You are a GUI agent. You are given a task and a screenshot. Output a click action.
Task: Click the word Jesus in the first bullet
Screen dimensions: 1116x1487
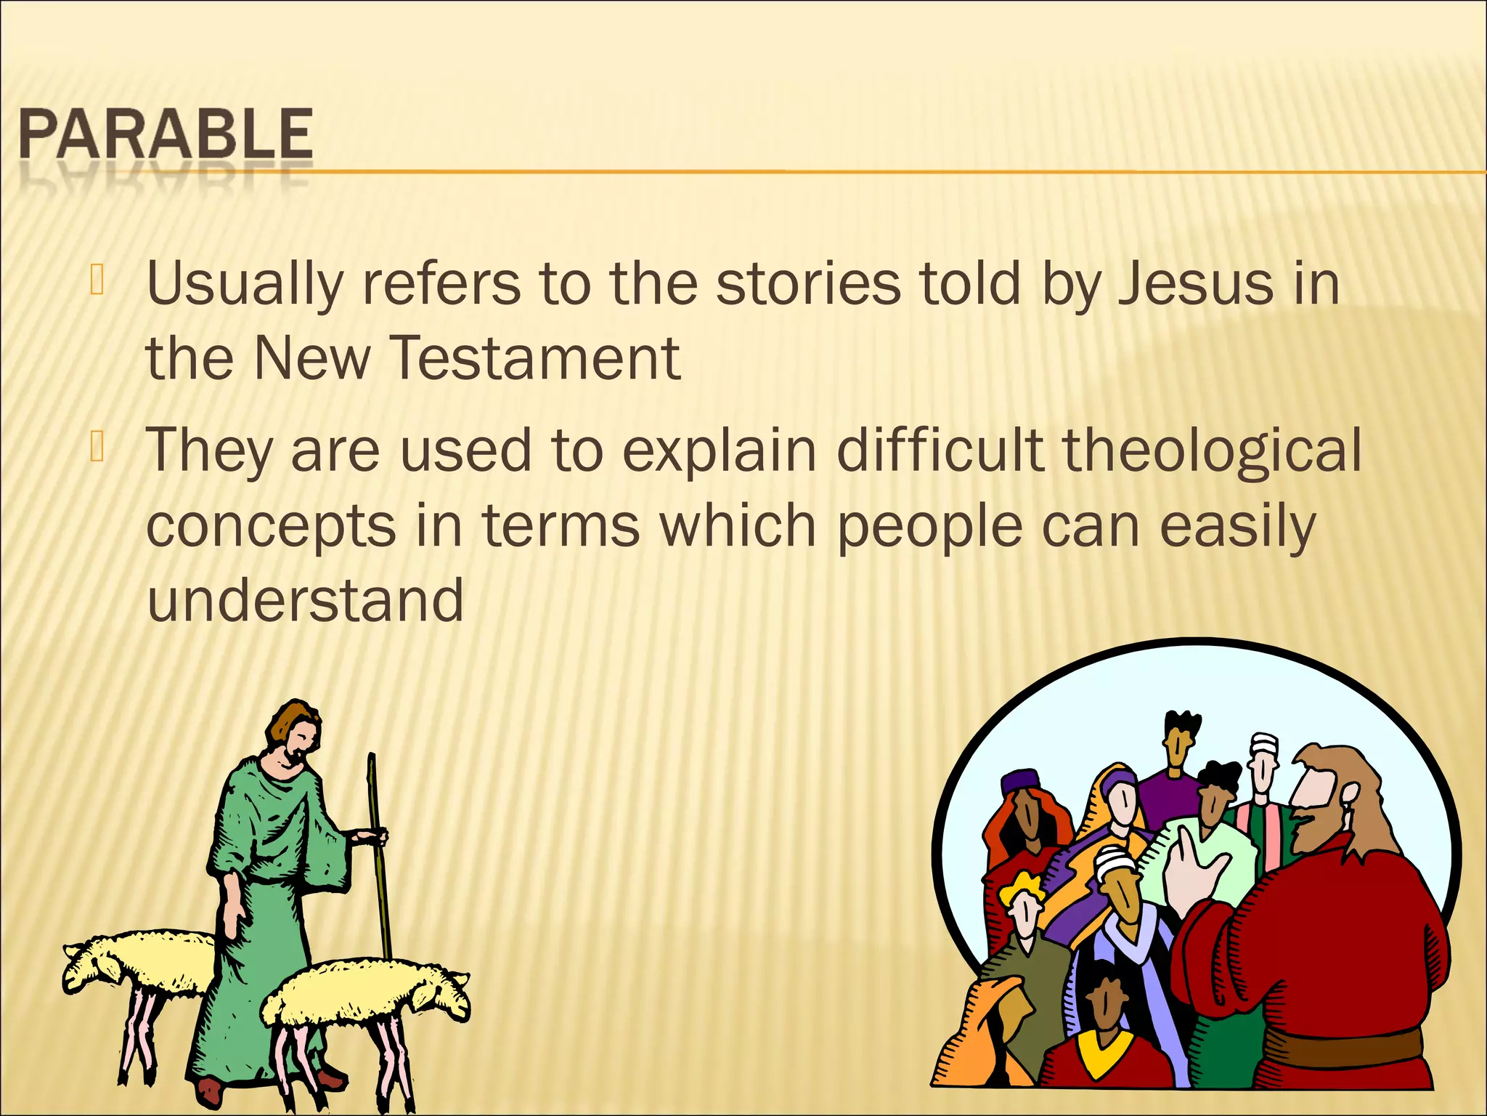click(1194, 283)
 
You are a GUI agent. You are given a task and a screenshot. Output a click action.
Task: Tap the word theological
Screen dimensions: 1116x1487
click(1212, 450)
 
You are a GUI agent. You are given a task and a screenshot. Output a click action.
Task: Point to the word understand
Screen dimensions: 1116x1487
click(305, 600)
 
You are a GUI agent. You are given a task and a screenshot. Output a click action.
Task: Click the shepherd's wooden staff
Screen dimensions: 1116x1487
click(378, 857)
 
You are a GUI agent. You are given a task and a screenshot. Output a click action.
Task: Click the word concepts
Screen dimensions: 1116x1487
click(271, 527)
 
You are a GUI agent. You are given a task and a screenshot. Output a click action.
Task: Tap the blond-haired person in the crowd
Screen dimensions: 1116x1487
click(1022, 901)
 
